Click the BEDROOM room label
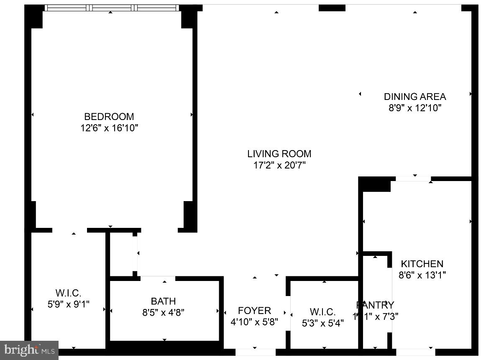109,117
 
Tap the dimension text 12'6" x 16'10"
109,128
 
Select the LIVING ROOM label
279,154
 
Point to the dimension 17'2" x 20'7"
279,165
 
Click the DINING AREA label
415,97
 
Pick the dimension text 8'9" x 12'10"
415,108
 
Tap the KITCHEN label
422,264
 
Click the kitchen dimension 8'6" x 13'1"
422,275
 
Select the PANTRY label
375,305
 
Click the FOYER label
254,311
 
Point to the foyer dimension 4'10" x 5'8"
254,322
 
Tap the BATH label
163,301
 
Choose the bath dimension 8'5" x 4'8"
163,312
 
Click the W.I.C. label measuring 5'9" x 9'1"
68,293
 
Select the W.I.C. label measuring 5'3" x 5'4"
322,312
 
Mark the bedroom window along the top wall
112,8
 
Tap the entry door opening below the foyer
255,352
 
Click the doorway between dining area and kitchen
413,179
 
